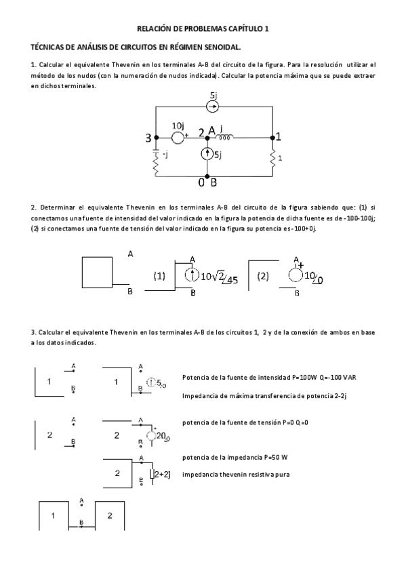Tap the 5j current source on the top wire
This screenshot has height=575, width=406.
pos(213,106)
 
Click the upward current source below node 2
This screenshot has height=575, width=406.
pos(207,155)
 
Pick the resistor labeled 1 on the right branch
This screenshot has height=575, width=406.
pos(274,157)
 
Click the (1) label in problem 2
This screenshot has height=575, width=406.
pos(159,276)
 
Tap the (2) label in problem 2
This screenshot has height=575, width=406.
pos(264,276)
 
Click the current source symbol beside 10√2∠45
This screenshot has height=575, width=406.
pos(192,275)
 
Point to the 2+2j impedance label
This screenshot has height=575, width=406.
pos(161,474)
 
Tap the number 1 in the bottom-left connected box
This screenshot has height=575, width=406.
pos(54,516)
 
